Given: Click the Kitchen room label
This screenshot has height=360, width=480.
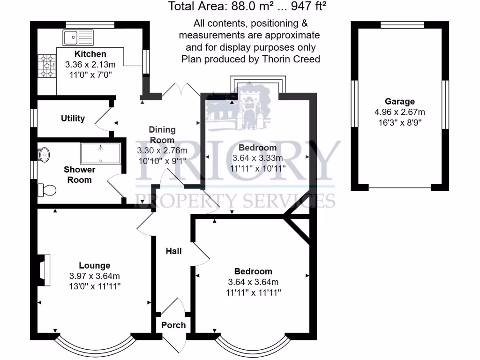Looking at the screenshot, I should [90, 54].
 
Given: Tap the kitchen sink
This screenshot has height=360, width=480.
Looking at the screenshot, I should [78, 37].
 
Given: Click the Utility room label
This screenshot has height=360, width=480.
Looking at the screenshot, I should [73, 118].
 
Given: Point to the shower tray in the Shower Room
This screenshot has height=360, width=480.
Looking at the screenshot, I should [100, 153].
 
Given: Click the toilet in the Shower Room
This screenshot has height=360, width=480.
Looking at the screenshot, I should [47, 190].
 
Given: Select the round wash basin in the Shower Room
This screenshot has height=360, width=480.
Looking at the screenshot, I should [44, 154].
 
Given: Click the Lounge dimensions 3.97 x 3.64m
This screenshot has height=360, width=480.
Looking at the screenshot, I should [94, 276].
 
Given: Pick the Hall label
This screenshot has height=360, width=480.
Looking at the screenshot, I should [173, 252].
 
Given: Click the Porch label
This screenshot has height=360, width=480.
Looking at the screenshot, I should [173, 325].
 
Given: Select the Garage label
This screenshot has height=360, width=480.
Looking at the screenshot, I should [400, 101].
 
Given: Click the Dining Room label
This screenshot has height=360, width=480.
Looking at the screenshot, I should [162, 135].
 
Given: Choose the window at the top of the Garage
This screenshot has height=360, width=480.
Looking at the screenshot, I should [402, 25].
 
